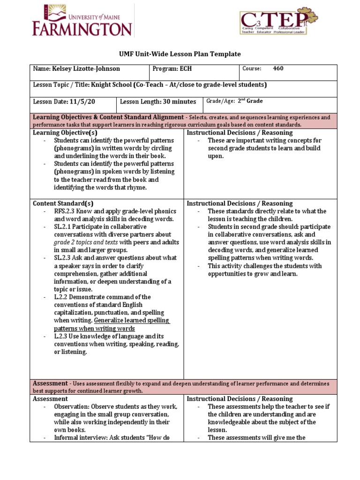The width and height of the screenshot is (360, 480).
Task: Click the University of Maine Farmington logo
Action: (82, 22)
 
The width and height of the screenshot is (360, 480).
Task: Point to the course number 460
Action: (278, 69)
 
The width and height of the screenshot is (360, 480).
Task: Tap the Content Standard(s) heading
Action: (63, 203)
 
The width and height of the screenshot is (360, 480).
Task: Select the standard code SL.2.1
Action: (62, 227)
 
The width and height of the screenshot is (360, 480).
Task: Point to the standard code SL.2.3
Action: (62, 258)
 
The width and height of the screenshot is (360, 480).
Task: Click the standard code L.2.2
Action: (61, 297)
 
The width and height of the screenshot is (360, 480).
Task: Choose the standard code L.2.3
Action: (61, 337)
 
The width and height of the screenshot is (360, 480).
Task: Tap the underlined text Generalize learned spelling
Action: (132, 321)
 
